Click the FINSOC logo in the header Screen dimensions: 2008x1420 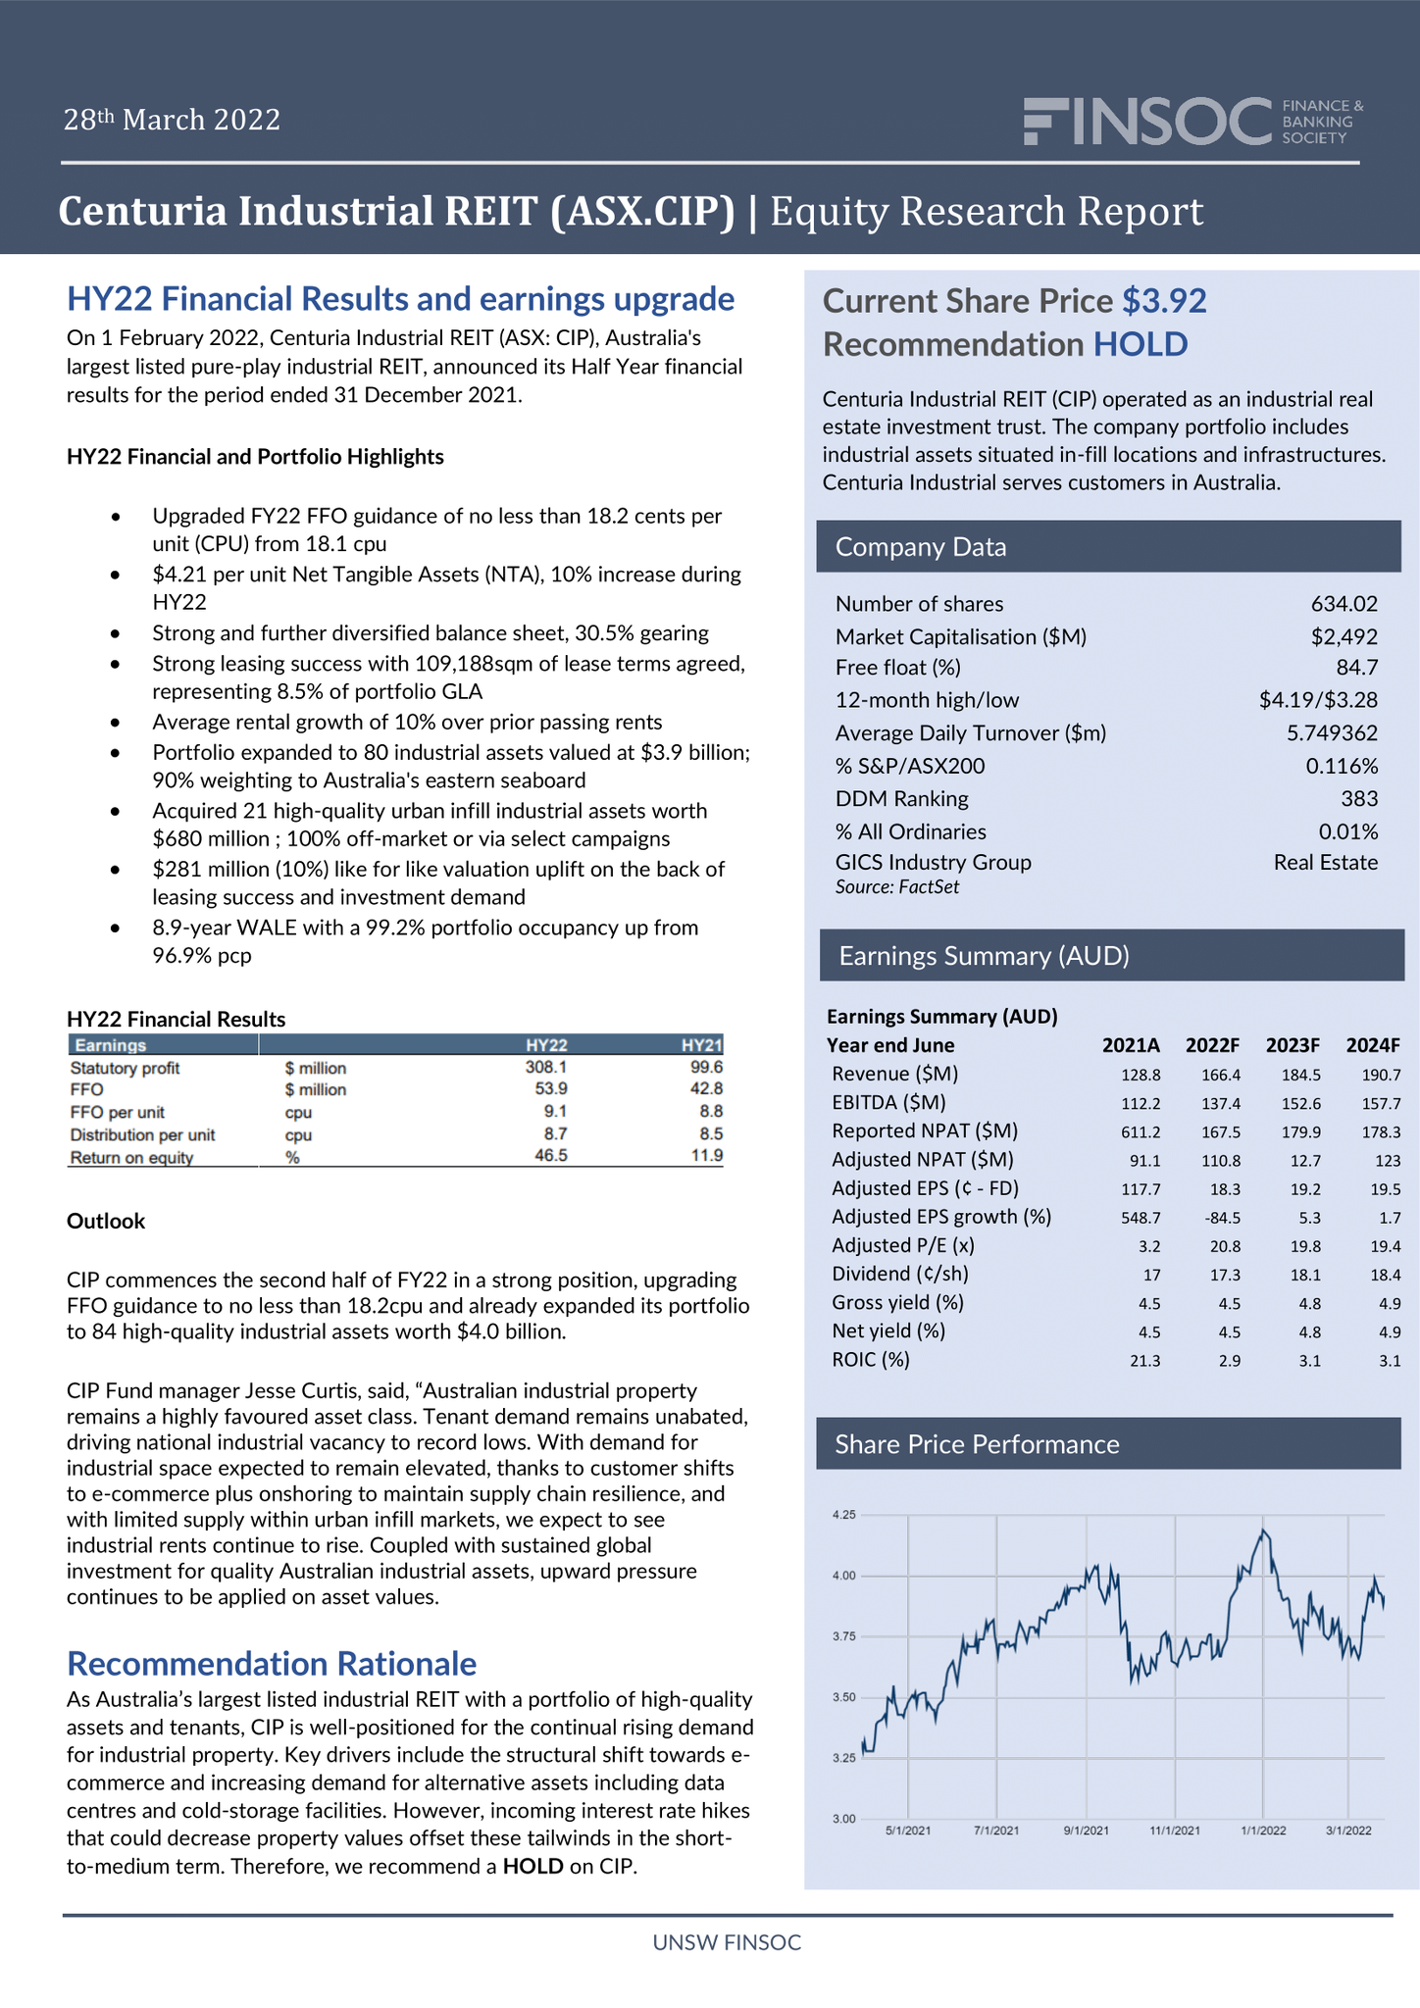[x=1192, y=122]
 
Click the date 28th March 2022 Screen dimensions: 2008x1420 [x=172, y=120]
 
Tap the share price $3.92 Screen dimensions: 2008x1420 [x=1164, y=301]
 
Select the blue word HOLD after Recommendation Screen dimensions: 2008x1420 [x=1141, y=344]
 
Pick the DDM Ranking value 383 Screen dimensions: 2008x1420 [x=1359, y=799]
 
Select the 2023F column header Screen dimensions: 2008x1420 [x=1293, y=1045]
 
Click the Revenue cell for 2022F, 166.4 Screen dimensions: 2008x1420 [x=1221, y=1075]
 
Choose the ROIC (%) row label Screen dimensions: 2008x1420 [x=870, y=1360]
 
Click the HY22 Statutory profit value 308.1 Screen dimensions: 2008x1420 [x=546, y=1067]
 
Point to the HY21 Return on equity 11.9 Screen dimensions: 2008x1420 [x=706, y=1156]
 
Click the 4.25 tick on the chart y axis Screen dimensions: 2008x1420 [x=843, y=1515]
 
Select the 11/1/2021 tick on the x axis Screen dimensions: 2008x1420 [x=1174, y=1831]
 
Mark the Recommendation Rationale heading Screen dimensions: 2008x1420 [x=272, y=1664]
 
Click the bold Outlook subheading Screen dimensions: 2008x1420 [x=106, y=1221]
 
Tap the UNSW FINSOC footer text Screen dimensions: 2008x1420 [x=727, y=1942]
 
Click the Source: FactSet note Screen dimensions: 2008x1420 [x=896, y=887]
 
